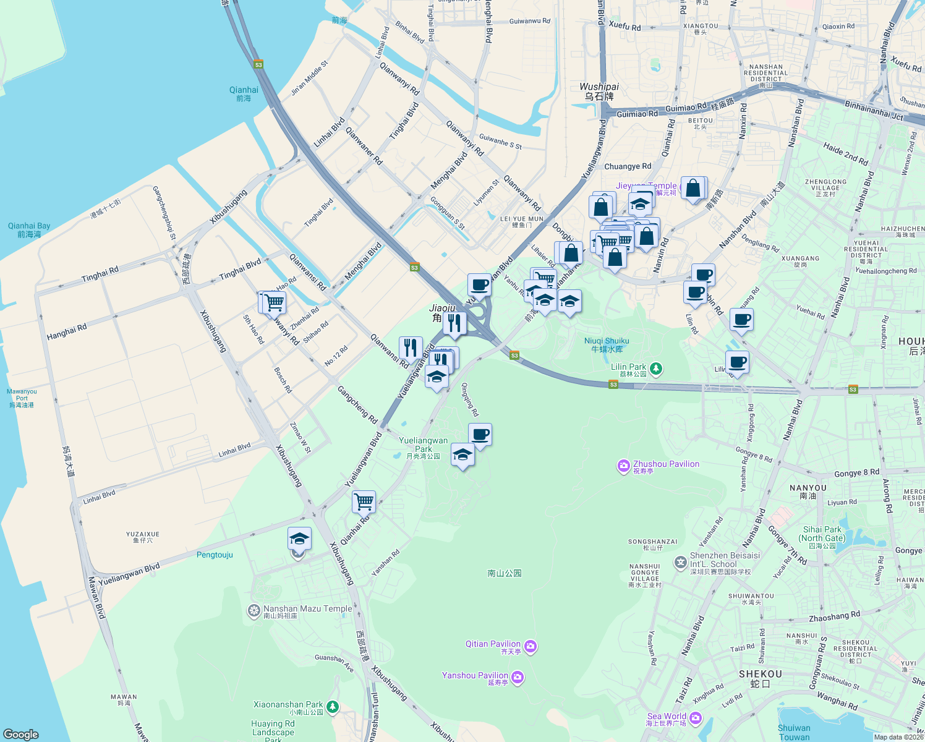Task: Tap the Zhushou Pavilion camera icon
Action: point(623,466)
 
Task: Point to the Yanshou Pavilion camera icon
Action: point(518,678)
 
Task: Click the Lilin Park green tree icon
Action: point(656,369)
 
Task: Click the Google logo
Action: point(21,734)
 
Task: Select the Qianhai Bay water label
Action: point(29,229)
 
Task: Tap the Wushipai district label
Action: point(599,91)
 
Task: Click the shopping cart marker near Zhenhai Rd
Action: point(274,303)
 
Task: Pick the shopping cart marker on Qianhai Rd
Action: point(364,501)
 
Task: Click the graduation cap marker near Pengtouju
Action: point(299,539)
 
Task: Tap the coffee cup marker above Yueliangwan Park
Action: point(480,435)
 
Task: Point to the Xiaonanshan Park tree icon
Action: point(333,706)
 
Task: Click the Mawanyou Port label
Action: point(22,398)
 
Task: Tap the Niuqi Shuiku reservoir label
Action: point(607,344)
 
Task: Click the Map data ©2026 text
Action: point(898,736)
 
